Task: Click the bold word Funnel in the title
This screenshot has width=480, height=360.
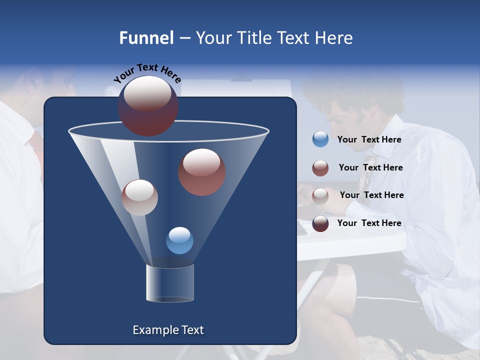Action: tap(146, 38)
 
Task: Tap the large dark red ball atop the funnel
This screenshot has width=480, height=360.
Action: tap(147, 105)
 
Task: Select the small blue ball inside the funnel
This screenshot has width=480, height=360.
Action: tap(179, 240)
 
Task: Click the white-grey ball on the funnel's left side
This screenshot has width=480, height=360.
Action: tap(139, 197)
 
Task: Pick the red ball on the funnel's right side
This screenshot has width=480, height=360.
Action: tap(201, 172)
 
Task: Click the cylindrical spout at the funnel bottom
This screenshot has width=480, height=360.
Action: tap(169, 283)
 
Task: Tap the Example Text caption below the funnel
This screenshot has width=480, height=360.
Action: tap(168, 330)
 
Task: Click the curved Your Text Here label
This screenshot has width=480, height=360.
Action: tap(147, 73)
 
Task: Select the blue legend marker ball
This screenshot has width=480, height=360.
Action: tap(320, 139)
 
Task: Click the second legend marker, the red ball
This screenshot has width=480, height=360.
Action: tap(320, 168)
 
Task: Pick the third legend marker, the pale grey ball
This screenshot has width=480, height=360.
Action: tap(320, 195)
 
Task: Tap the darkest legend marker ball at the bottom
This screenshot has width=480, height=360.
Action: tap(320, 223)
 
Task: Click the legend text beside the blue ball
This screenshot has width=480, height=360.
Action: tap(369, 140)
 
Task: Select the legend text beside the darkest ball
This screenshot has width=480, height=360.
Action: tap(369, 223)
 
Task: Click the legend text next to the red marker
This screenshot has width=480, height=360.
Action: tap(370, 168)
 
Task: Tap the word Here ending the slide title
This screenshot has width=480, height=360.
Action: tap(334, 38)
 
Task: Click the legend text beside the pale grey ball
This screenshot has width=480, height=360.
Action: tap(371, 195)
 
